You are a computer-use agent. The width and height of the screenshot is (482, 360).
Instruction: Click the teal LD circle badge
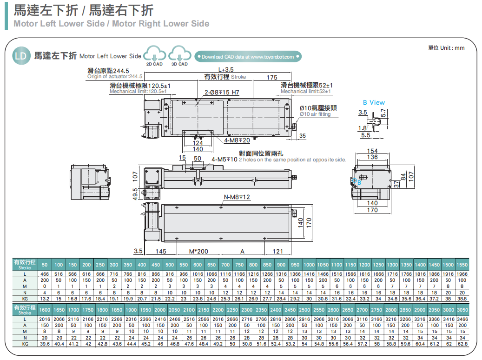point(21,56)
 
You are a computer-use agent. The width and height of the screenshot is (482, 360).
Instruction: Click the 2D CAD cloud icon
point(154,55)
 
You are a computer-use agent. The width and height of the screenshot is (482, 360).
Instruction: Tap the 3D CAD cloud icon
point(179,55)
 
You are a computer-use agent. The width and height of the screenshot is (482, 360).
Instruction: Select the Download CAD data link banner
point(248,57)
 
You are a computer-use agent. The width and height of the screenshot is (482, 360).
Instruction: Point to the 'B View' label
point(374,102)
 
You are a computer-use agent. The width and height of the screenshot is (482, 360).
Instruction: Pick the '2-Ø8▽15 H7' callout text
point(222,93)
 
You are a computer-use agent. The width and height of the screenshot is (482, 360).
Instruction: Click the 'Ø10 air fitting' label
point(315,114)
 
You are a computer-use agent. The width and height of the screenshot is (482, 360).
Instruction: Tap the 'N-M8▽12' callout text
point(237,197)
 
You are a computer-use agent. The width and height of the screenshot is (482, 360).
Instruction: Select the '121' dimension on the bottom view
point(277,251)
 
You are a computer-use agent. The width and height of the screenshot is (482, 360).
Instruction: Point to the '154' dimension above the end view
point(372,151)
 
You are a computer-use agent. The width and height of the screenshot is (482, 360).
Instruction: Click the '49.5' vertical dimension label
point(135,193)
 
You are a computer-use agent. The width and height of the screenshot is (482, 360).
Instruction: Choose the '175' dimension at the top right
point(272,77)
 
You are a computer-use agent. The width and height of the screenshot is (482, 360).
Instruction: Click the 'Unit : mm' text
point(446,48)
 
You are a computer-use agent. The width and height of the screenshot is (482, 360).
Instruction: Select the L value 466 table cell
point(45,274)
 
